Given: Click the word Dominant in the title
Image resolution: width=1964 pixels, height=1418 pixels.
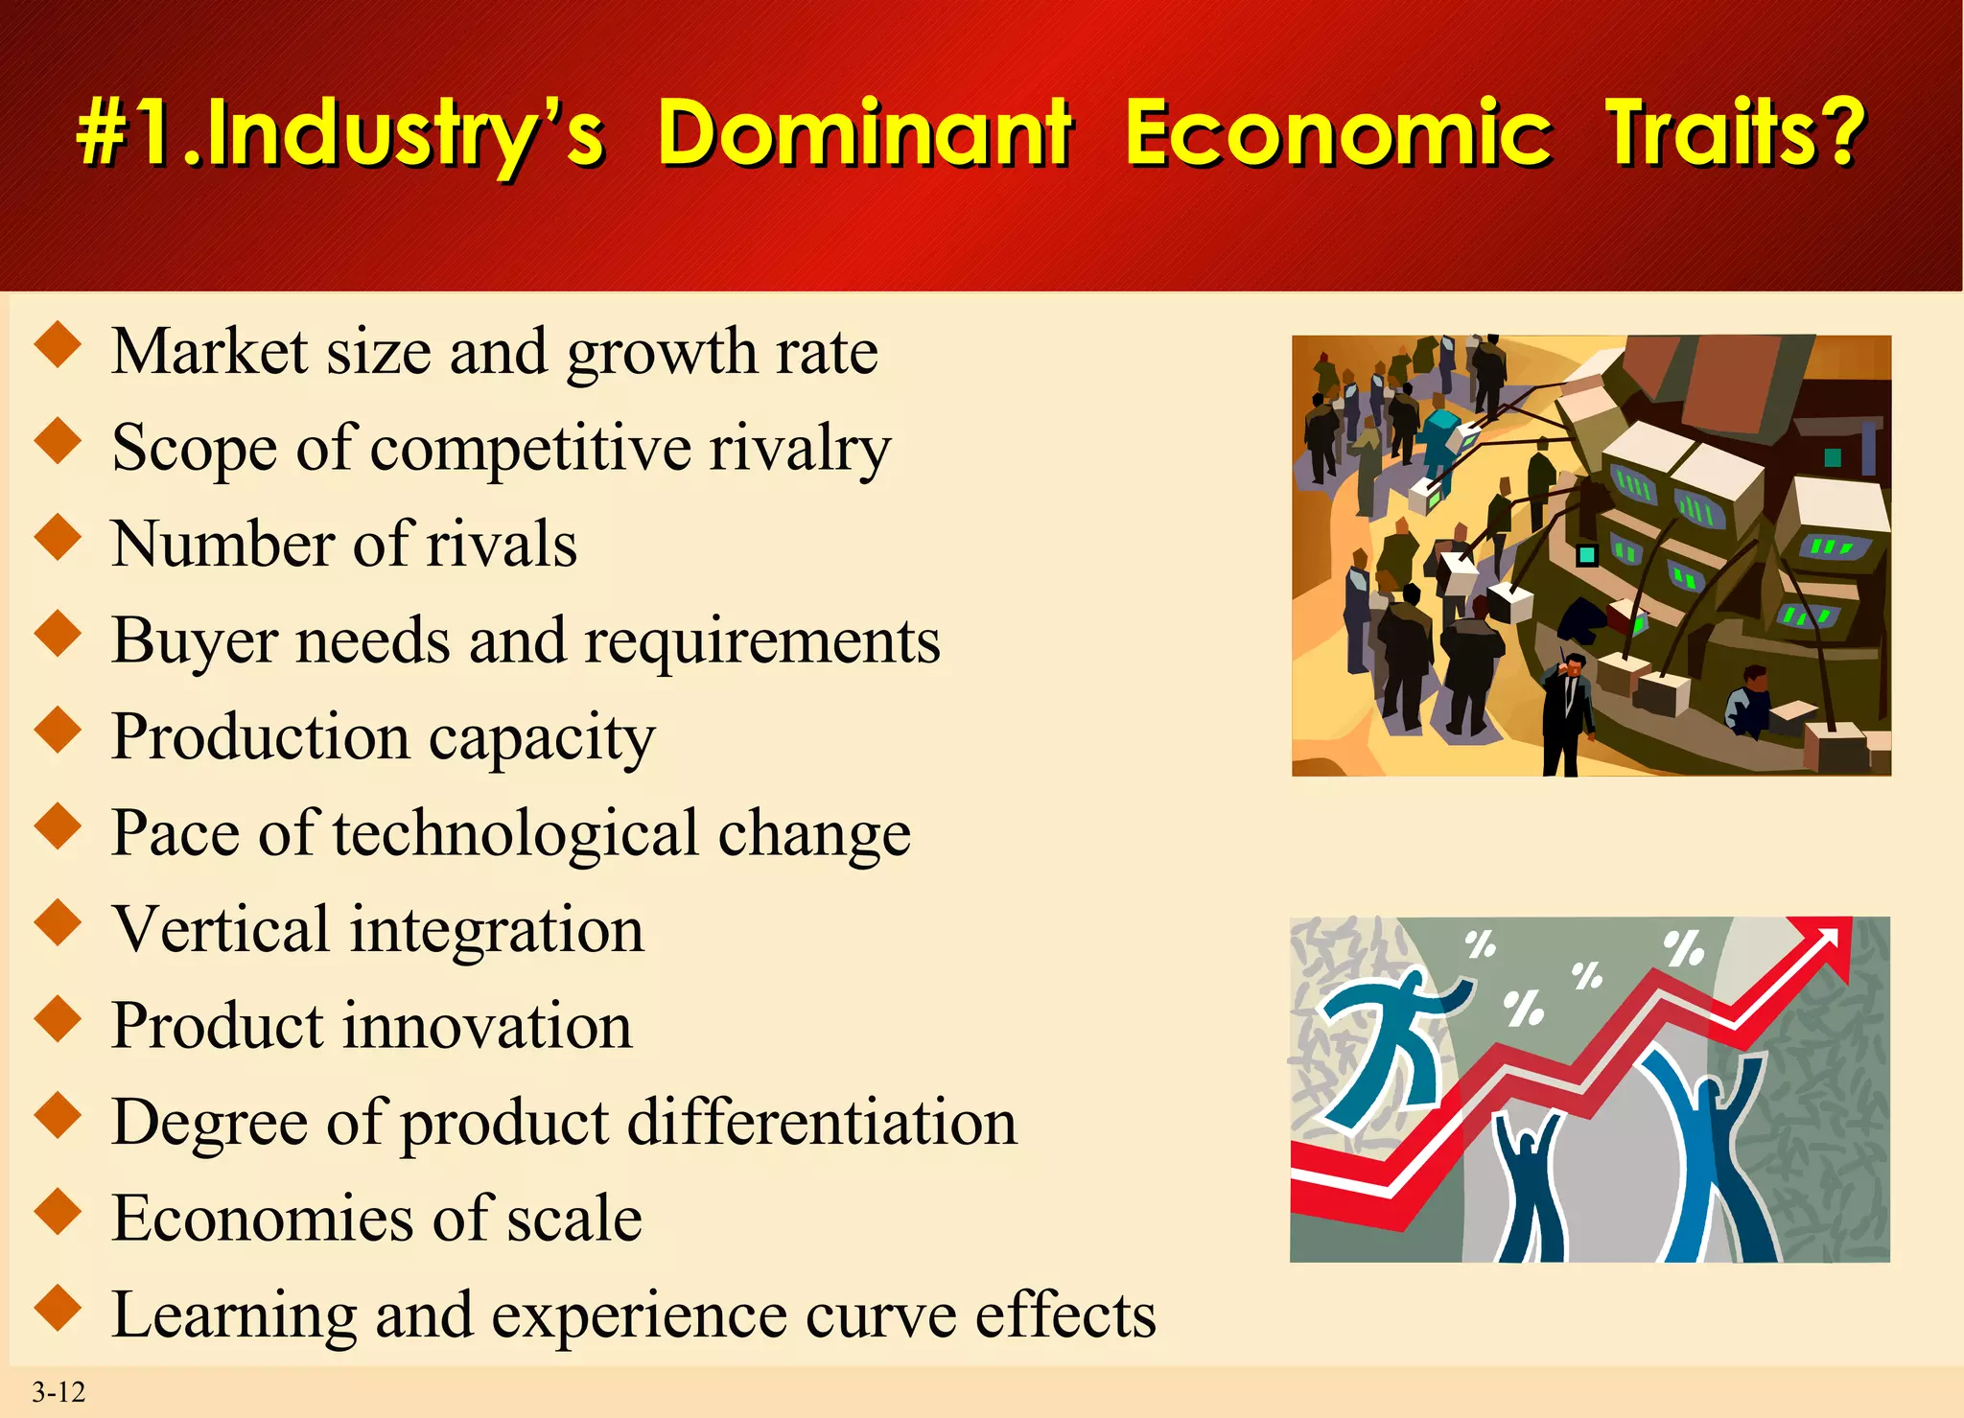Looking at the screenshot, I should point(864,133).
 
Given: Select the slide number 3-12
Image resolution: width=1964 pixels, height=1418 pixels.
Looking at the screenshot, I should point(58,1392).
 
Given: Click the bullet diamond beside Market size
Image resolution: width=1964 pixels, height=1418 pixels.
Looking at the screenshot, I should point(58,345).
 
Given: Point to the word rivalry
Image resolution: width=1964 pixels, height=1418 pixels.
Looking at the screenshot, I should point(799,449).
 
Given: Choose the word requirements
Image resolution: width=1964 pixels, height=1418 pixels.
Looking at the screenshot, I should point(762,641).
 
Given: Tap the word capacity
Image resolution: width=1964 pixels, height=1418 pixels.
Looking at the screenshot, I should point(542,738).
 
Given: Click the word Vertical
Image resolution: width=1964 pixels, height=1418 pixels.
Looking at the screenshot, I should point(221,930).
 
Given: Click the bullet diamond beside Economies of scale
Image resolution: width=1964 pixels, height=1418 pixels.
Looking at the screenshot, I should point(58,1212).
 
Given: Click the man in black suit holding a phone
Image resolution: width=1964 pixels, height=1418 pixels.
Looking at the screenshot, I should point(1566,709).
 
